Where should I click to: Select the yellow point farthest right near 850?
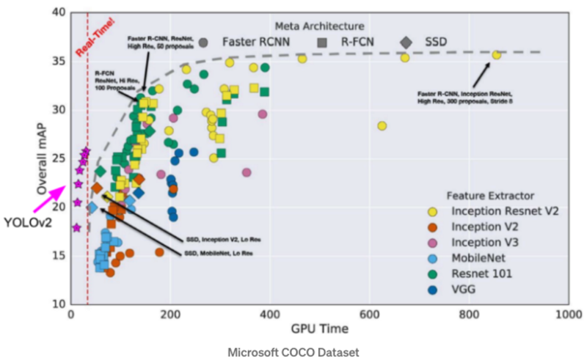tap(497, 55)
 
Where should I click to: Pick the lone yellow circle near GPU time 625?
tap(382, 126)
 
